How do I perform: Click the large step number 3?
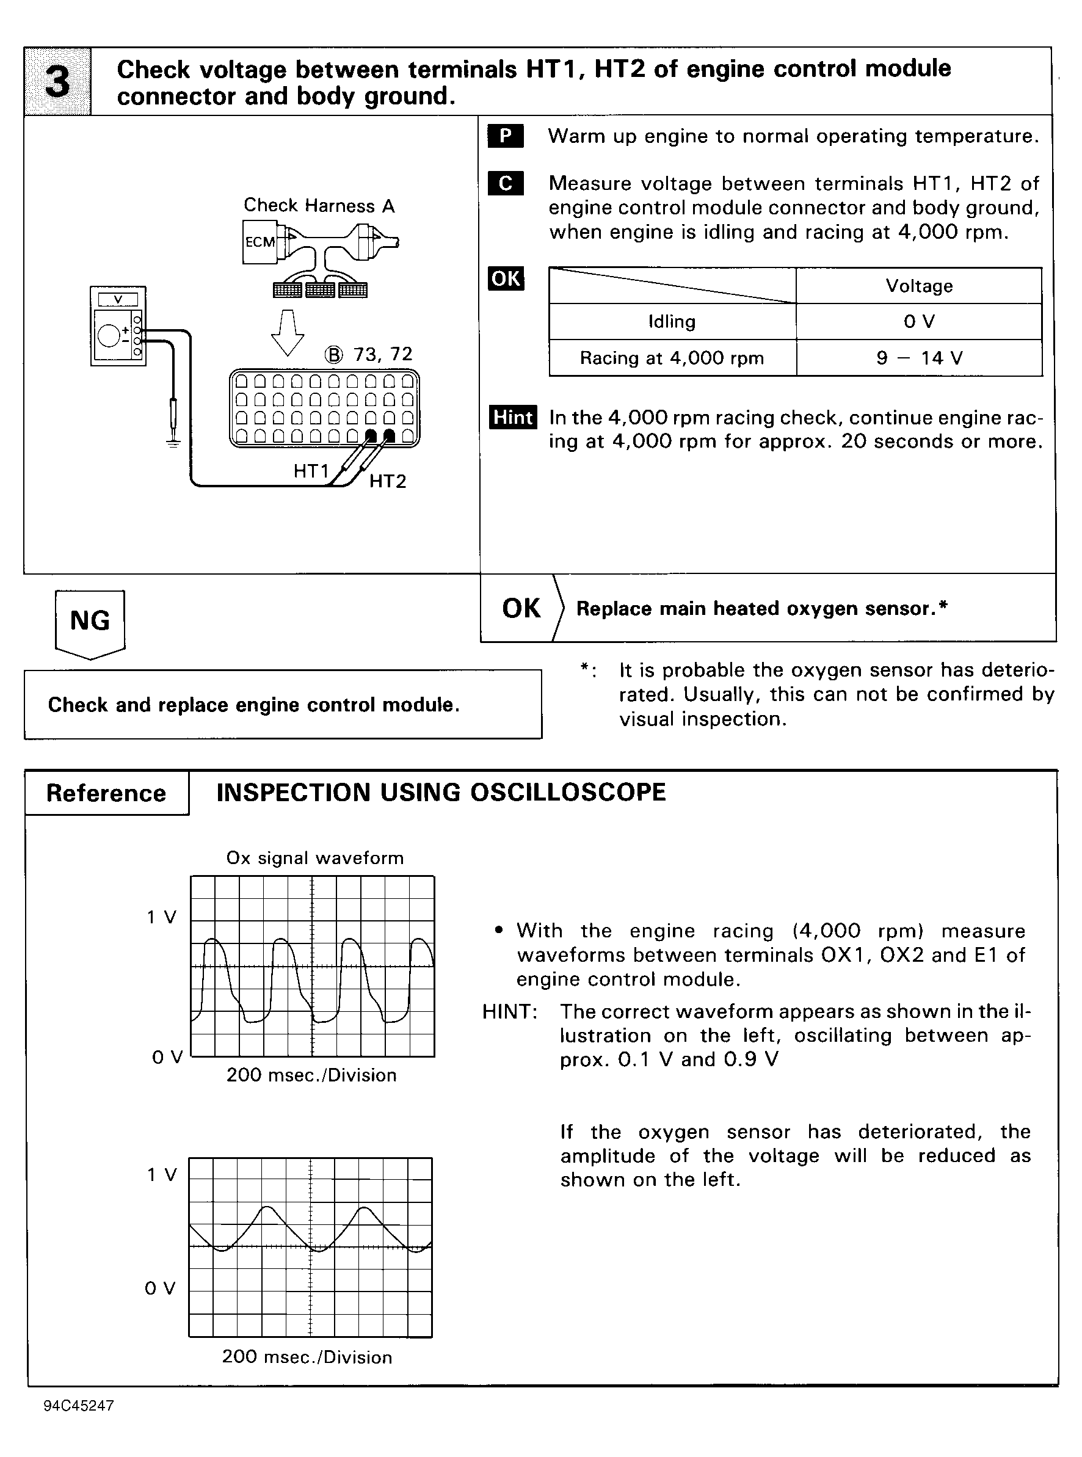point(57,82)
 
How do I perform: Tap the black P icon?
point(505,136)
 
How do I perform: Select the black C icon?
point(505,183)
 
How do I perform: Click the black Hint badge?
point(513,417)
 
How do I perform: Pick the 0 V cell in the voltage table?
point(918,322)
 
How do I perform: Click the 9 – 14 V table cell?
point(918,358)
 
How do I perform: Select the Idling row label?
point(672,322)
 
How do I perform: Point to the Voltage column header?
point(918,286)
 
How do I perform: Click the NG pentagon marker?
point(90,623)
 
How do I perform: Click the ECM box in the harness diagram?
point(260,242)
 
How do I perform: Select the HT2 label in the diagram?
point(388,481)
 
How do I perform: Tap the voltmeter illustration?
point(118,325)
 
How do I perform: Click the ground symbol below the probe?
point(173,443)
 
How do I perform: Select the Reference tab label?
point(106,793)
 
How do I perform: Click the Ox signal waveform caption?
point(314,858)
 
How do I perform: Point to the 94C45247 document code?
point(79,1406)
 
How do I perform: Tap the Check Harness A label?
point(319,206)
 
